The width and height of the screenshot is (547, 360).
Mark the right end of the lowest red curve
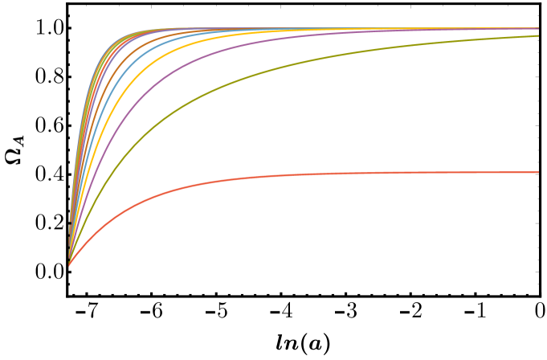tap(538, 172)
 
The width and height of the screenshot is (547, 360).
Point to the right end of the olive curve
tap(538, 36)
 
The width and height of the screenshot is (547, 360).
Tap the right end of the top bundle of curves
tap(538, 29)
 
